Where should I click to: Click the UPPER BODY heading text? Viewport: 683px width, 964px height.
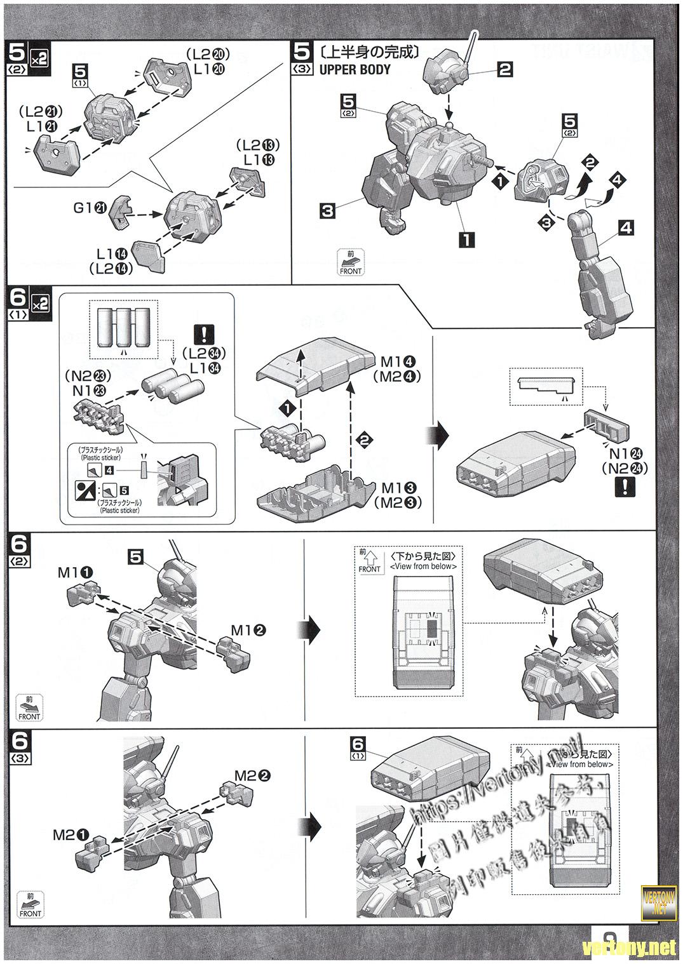tap(355, 70)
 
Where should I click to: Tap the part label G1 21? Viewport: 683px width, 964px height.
tap(90, 207)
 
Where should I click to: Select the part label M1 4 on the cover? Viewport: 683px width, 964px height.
tap(398, 362)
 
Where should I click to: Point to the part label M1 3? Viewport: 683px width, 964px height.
tap(398, 488)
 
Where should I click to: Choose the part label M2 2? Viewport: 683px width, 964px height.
tap(253, 775)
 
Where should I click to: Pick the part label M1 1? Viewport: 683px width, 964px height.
tap(76, 572)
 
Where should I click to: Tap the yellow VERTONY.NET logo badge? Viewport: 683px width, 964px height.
tap(659, 900)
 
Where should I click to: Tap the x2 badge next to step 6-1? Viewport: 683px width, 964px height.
tap(39, 304)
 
